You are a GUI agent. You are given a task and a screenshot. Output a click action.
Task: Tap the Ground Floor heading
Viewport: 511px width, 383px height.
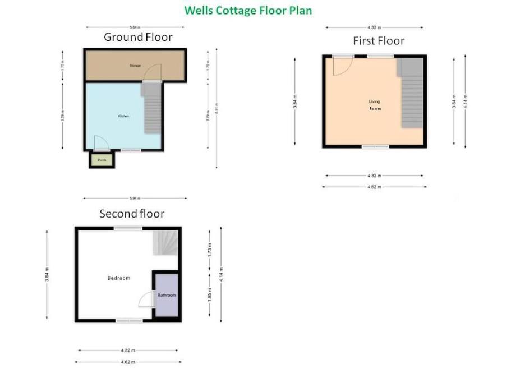pyautogui.click(x=137, y=38)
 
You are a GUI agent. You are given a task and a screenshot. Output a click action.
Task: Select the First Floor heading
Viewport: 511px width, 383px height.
pyautogui.click(x=378, y=41)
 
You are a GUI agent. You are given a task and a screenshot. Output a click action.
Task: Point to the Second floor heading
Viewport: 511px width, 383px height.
pyautogui.click(x=132, y=214)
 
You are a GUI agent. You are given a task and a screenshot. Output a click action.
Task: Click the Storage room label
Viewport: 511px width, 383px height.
pyautogui.click(x=135, y=66)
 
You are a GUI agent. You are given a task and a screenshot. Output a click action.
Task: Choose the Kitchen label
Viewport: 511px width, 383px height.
pyautogui.click(x=123, y=116)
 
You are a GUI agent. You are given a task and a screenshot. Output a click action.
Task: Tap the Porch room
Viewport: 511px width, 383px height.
pyautogui.click(x=102, y=160)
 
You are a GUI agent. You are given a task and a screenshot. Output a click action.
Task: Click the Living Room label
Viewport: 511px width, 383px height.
pyautogui.click(x=374, y=105)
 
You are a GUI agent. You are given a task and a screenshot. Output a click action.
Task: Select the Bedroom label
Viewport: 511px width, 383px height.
pyautogui.click(x=119, y=278)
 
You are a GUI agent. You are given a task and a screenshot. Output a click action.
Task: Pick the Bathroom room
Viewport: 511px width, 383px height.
pyautogui.click(x=167, y=295)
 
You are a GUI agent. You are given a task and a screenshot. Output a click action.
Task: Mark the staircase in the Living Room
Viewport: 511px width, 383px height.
pyautogui.click(x=411, y=93)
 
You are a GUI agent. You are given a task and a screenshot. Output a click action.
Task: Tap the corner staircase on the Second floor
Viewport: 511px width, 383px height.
pyautogui.click(x=166, y=243)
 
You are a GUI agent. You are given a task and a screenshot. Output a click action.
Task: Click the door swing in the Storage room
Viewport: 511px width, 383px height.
pyautogui.click(x=152, y=73)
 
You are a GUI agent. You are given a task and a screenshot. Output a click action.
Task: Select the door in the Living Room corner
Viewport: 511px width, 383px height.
pyautogui.click(x=342, y=66)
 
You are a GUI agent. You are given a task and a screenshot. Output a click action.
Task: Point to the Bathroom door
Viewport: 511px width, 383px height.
pyautogui.click(x=147, y=299)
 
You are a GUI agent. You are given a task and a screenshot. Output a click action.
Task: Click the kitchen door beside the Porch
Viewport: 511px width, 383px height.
pyautogui.click(x=101, y=144)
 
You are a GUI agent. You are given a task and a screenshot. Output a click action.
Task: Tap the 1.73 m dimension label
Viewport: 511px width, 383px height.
pyautogui.click(x=209, y=250)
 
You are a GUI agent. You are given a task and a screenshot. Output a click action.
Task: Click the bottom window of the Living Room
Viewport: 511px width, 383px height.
pyautogui.click(x=375, y=147)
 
